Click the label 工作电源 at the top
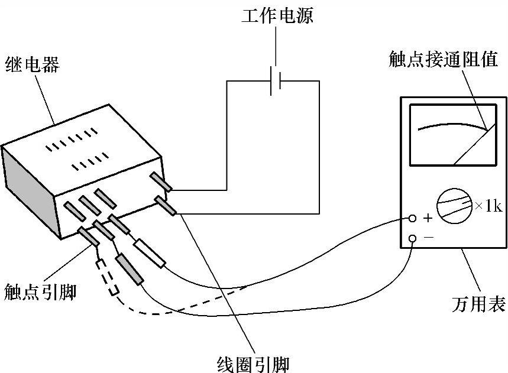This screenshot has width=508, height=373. (277, 15)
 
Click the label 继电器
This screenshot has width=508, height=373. (32, 63)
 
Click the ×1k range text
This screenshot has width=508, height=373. (488, 207)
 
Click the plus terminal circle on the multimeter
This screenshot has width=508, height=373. (413, 219)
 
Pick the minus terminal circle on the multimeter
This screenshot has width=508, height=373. (413, 238)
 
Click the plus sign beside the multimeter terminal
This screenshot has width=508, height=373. (428, 219)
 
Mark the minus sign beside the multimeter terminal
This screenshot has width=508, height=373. (428, 237)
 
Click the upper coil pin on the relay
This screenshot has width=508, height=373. (161, 182)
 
